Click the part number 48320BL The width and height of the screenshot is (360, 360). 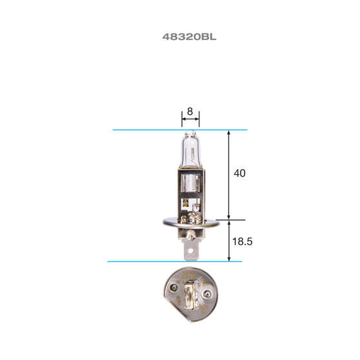(x=189, y=37)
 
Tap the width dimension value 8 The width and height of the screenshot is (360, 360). (x=190, y=111)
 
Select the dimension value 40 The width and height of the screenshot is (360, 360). (x=239, y=174)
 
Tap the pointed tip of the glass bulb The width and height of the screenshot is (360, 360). (x=190, y=132)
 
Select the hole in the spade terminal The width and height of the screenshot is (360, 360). (x=190, y=244)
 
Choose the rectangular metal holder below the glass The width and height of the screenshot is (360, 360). (x=190, y=190)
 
